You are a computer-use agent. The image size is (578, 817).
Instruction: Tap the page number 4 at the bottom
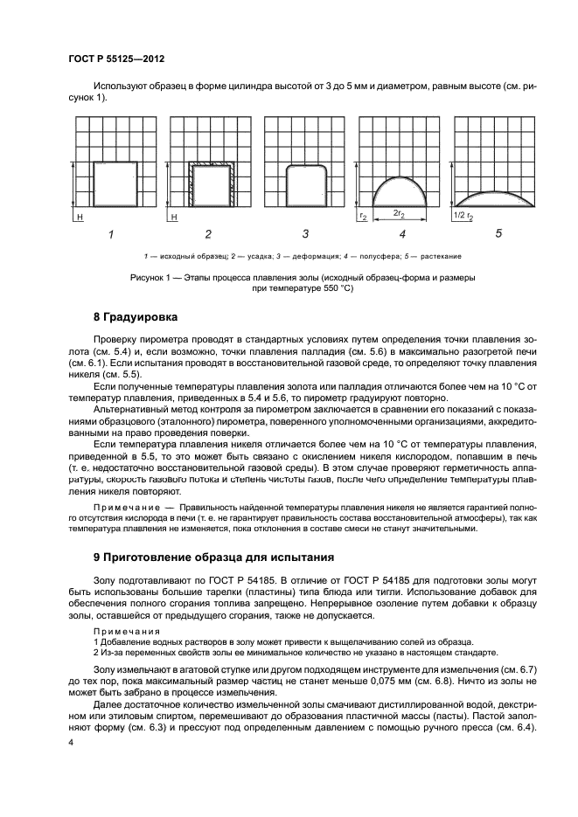pos(71,742)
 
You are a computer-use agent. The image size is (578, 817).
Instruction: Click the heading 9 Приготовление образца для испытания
pos(209,556)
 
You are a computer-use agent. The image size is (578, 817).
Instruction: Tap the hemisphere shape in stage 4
pos(401,190)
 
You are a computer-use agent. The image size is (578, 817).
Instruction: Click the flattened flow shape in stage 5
pos(497,198)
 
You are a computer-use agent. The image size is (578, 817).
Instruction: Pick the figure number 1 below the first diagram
pos(110,233)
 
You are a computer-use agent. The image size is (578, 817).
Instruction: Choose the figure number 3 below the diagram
pos(305,233)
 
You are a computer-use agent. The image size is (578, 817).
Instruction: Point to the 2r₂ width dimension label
pos(398,214)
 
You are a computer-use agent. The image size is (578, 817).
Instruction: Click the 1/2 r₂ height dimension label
pos(463,214)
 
